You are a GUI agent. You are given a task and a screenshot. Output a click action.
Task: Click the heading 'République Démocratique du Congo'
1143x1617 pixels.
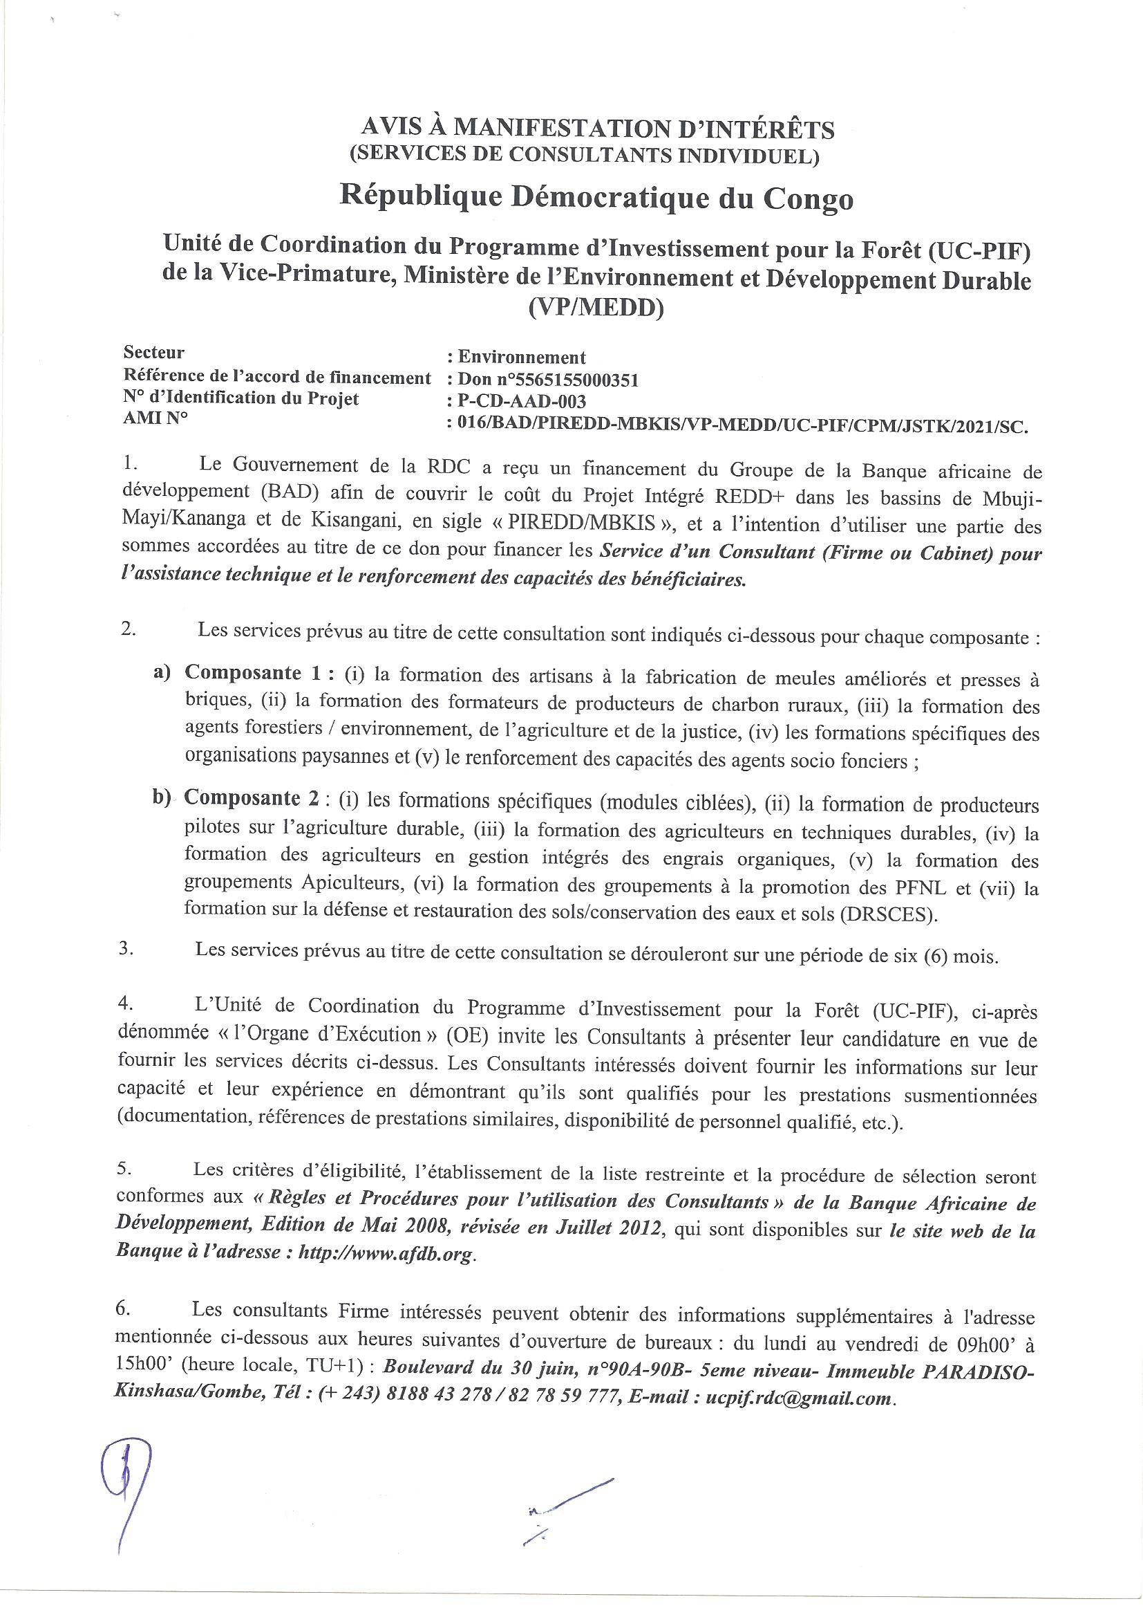point(596,198)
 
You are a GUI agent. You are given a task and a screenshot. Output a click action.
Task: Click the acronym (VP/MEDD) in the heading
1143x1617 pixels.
point(596,308)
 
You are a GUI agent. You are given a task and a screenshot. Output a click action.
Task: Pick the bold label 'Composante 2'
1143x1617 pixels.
point(253,799)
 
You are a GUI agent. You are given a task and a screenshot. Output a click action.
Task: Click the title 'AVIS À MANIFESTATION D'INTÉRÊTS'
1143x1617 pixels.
point(597,129)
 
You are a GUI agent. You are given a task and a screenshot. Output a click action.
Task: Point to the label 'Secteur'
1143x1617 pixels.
point(153,351)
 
